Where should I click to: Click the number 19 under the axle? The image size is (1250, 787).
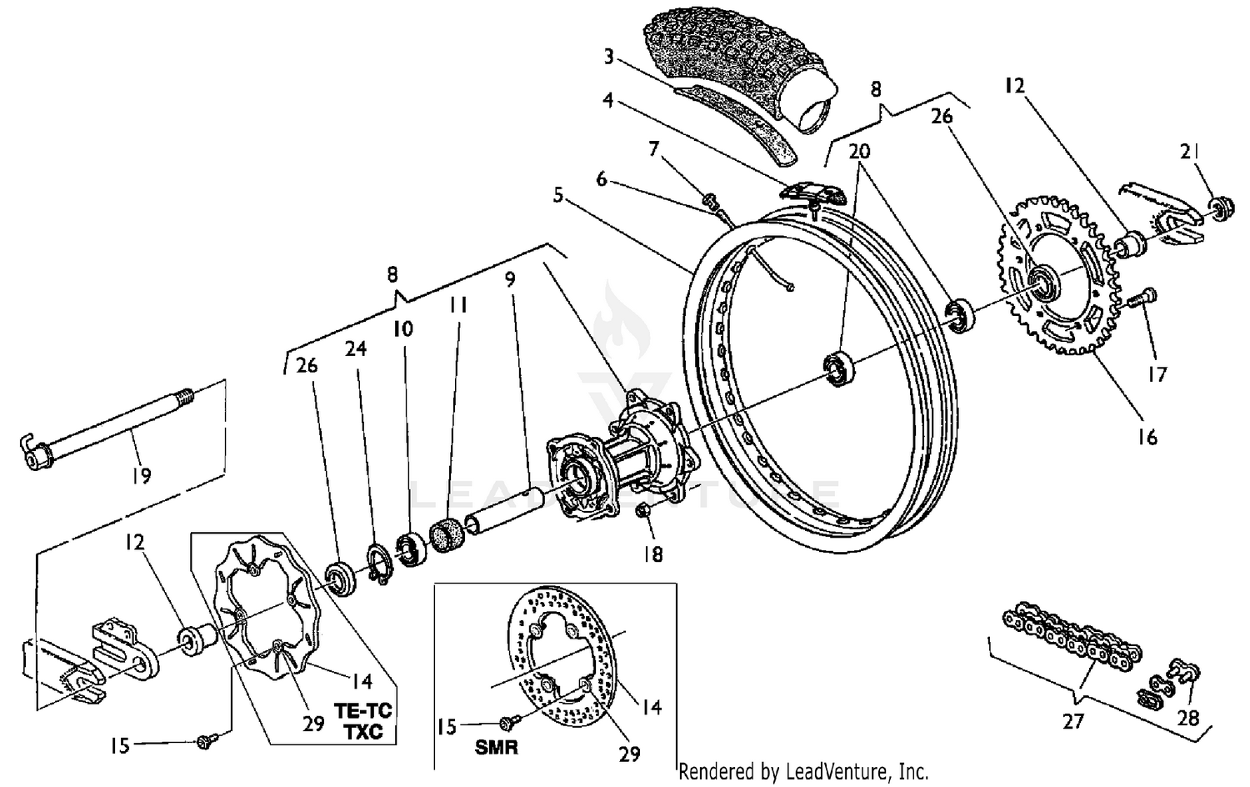[x=141, y=476]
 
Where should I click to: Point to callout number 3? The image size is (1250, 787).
[x=609, y=57]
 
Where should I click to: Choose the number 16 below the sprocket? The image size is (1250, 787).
[x=1147, y=436]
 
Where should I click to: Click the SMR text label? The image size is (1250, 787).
[x=497, y=747]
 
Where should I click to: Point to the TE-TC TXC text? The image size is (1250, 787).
[x=363, y=722]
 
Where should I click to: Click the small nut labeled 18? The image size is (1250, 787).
[x=645, y=511]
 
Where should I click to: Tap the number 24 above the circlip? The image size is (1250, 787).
[x=356, y=348]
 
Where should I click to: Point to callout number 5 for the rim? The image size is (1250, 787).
[x=557, y=195]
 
